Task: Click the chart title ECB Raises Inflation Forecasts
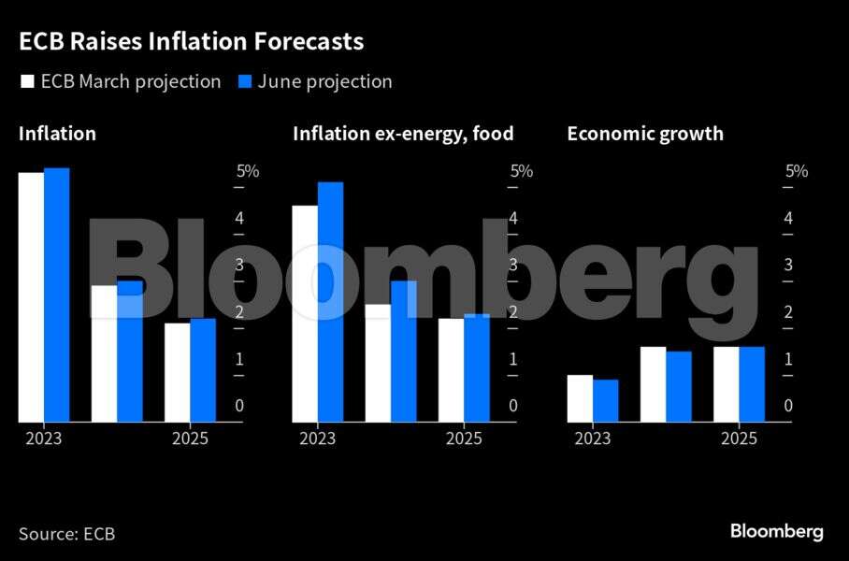[x=191, y=42]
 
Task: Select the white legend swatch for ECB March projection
[x=26, y=82]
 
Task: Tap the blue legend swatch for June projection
[x=245, y=82]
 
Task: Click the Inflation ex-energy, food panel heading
[x=403, y=134]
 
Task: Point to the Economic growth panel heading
[x=645, y=134]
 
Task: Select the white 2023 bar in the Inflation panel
[x=31, y=297]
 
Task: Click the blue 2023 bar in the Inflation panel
[x=57, y=295]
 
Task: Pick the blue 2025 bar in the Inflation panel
[x=203, y=370]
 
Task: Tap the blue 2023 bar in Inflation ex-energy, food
[x=331, y=302]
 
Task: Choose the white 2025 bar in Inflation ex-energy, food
[x=451, y=370]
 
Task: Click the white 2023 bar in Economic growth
[x=580, y=398]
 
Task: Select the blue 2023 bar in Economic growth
[x=606, y=400]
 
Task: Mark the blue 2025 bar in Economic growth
[x=752, y=384]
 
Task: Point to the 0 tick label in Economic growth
[x=789, y=406]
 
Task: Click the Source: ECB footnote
[x=66, y=534]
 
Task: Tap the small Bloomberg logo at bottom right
[x=776, y=531]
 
